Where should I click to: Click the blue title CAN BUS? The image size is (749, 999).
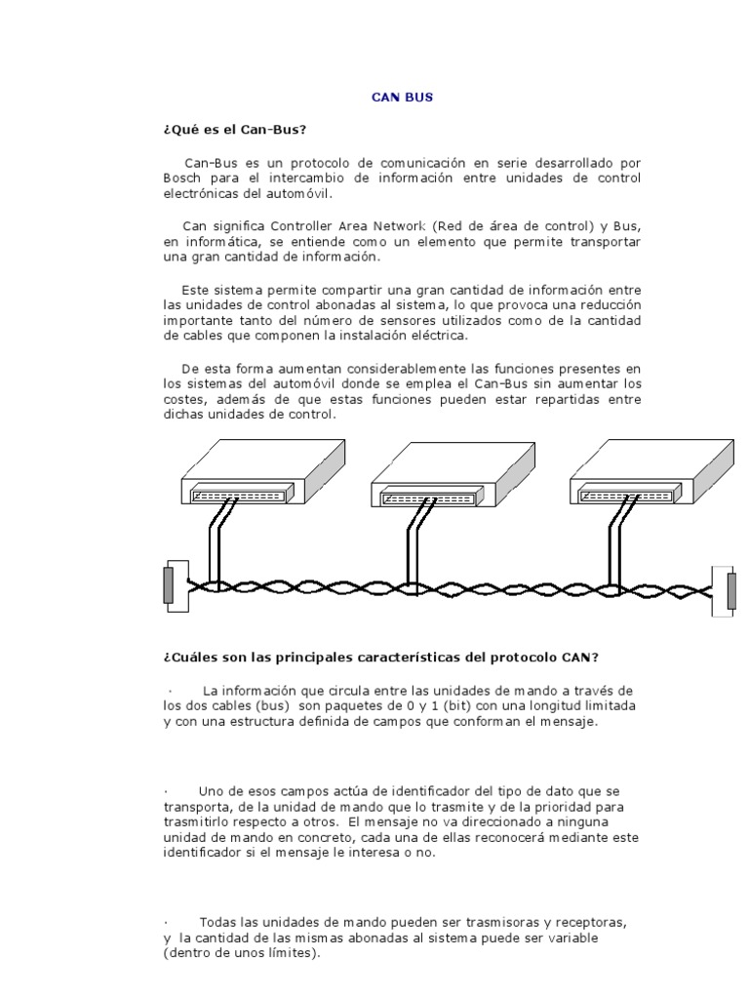point(403,98)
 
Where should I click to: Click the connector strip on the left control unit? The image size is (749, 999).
point(240,495)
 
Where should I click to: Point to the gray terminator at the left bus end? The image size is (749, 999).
point(169,585)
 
